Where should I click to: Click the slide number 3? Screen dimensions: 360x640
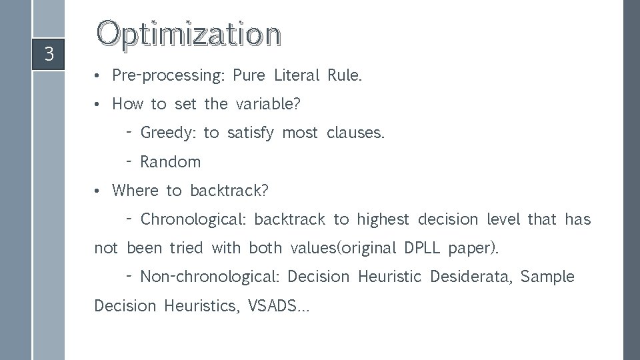[48, 54]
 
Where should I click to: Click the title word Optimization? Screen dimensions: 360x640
[189, 34]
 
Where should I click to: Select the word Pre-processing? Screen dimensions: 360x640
[169, 75]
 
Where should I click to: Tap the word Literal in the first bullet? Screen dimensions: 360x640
[297, 75]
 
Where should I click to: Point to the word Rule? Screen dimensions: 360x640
[345, 75]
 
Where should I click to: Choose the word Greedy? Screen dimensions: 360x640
[168, 133]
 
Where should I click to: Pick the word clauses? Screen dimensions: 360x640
[356, 133]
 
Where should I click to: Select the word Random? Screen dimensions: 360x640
[170, 161]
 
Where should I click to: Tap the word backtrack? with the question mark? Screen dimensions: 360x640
[229, 191]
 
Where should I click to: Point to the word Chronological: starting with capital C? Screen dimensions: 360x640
[193, 219]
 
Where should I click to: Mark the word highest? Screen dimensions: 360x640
[383, 219]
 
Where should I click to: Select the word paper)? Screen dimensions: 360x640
[473, 248]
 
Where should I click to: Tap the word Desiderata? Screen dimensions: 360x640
[471, 277]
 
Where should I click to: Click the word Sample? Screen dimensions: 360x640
[547, 277]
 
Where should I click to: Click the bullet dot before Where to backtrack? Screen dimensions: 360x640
[97, 191]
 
